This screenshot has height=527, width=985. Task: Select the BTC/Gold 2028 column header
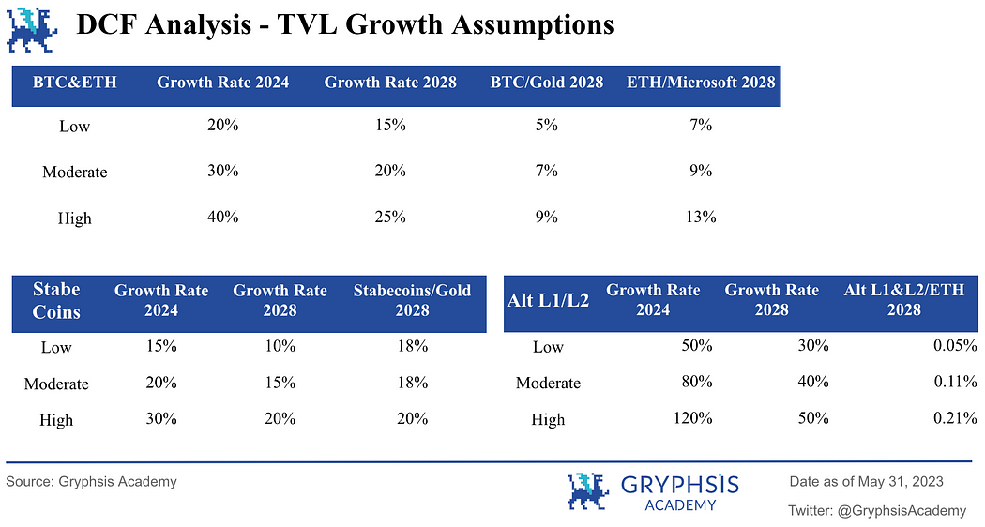click(x=546, y=82)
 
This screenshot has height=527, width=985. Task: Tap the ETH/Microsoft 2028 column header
click(x=701, y=82)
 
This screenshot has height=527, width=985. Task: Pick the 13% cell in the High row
click(x=701, y=217)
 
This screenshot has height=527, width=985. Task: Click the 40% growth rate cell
click(x=223, y=217)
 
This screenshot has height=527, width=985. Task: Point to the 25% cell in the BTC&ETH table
click(x=390, y=217)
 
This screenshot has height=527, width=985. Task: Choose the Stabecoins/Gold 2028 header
click(x=412, y=300)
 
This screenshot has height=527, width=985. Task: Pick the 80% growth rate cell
click(x=697, y=382)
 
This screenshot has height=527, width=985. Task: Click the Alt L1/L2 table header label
click(x=548, y=301)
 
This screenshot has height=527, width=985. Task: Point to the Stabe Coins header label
click(x=56, y=300)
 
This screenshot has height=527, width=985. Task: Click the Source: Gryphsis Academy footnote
click(x=91, y=482)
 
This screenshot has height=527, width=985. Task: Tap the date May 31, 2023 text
click(x=904, y=482)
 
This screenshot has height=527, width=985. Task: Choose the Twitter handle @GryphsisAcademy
click(x=877, y=510)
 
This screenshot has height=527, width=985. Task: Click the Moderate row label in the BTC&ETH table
click(x=75, y=172)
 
